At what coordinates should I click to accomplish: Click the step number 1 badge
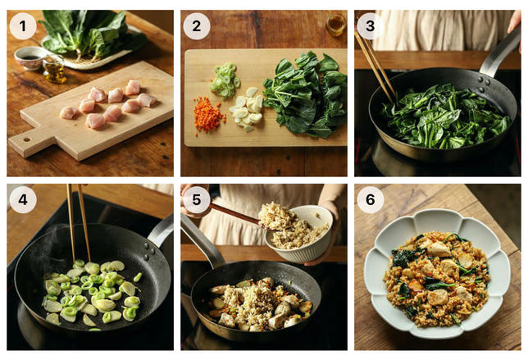click(x=23, y=26)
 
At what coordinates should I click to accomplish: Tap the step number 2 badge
click(x=197, y=26)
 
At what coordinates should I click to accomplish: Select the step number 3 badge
click(x=370, y=26)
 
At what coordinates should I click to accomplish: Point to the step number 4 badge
click(x=23, y=200)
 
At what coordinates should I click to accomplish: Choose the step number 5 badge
click(x=197, y=200)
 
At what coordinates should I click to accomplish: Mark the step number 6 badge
click(x=370, y=200)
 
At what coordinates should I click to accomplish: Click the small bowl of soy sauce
click(x=30, y=58)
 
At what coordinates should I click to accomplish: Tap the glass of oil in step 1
click(x=54, y=69)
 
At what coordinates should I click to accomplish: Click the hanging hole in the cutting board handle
click(x=26, y=139)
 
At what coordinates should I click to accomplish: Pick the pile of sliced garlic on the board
click(x=247, y=108)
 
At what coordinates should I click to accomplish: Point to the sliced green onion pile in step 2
click(x=224, y=81)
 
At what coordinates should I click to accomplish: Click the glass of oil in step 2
click(x=335, y=25)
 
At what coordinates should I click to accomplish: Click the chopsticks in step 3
click(x=375, y=66)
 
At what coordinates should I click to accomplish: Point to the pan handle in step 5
click(x=201, y=239)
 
